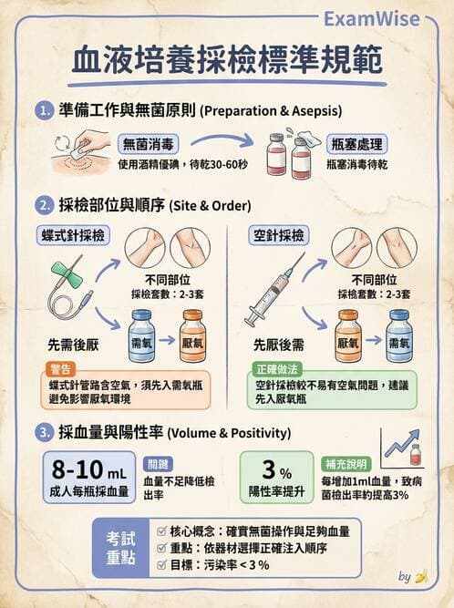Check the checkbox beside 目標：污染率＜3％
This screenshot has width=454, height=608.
click(161, 565)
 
